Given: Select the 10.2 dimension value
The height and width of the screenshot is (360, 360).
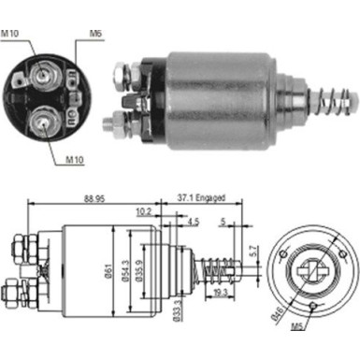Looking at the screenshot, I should pos(143,212).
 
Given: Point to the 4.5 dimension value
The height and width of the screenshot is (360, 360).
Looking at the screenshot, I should pos(193,223).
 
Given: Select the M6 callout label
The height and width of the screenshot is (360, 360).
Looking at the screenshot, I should pos(94,35).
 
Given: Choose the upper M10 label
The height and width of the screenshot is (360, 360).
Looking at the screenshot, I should pos(11,35).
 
